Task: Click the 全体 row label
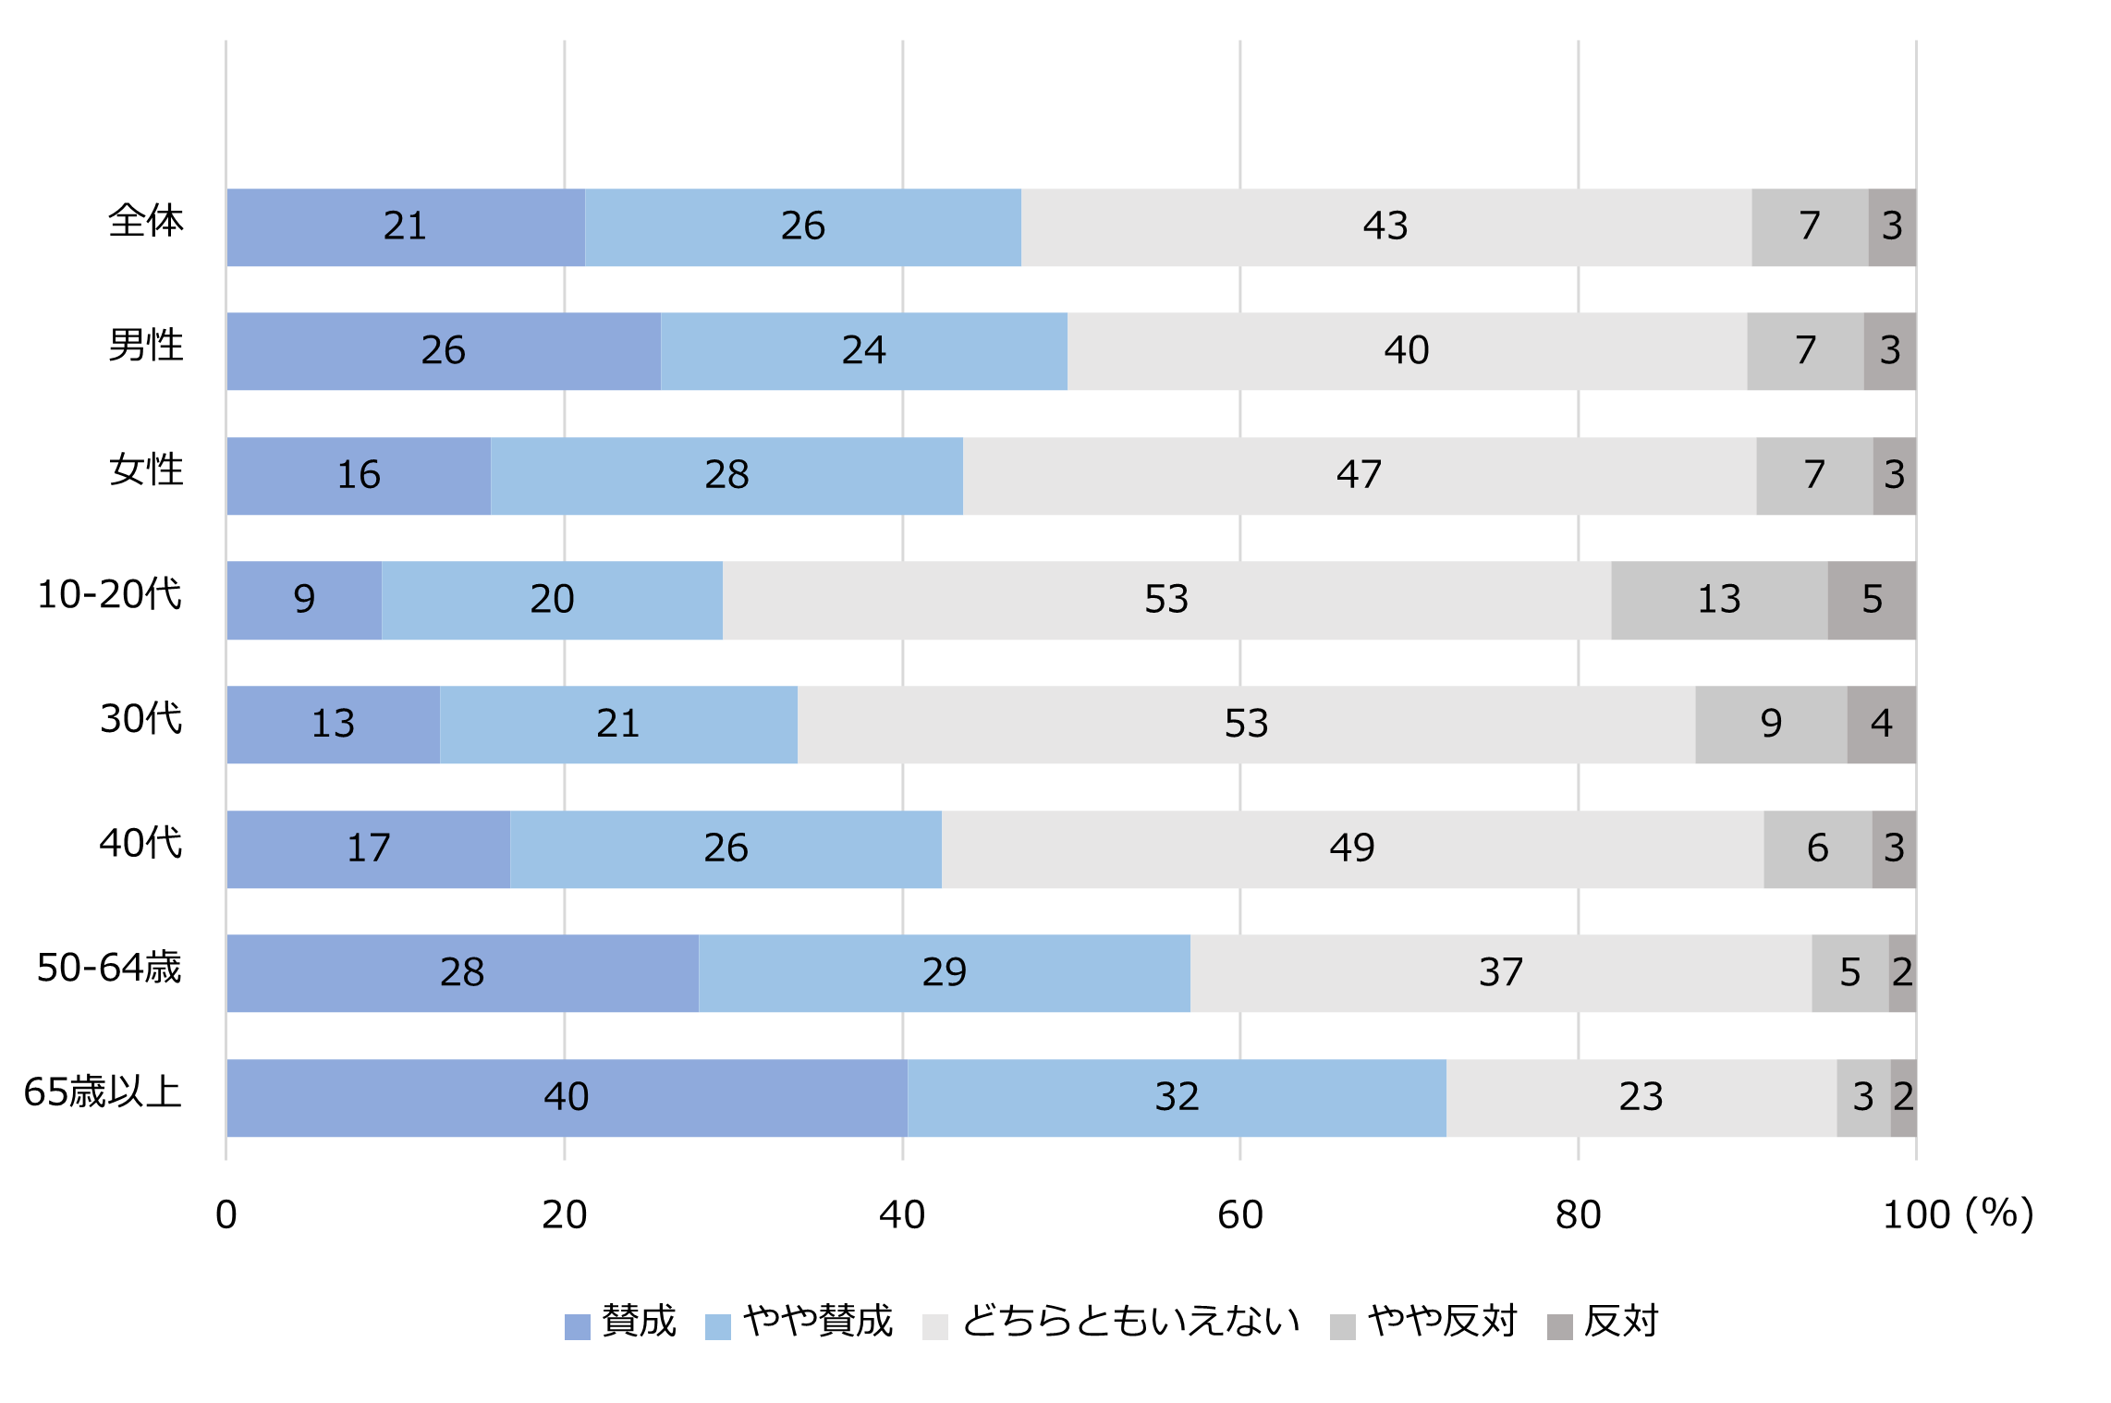[145, 222]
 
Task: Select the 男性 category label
[145, 347]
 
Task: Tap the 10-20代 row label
[109, 595]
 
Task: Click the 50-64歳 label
[108, 969]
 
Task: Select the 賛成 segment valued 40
[567, 1097]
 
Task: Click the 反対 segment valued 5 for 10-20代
[1871, 600]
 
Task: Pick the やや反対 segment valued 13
[1718, 600]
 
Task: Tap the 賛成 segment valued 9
[304, 600]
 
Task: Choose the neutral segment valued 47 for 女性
[1359, 475]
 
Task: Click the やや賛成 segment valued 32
[1176, 1097]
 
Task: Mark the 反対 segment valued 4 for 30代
[1881, 724]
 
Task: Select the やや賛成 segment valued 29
[944, 972]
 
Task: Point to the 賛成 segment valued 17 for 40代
[368, 848]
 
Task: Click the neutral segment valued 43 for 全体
[1385, 226]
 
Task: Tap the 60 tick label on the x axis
[1239, 1214]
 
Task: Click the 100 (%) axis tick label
[1957, 1214]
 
